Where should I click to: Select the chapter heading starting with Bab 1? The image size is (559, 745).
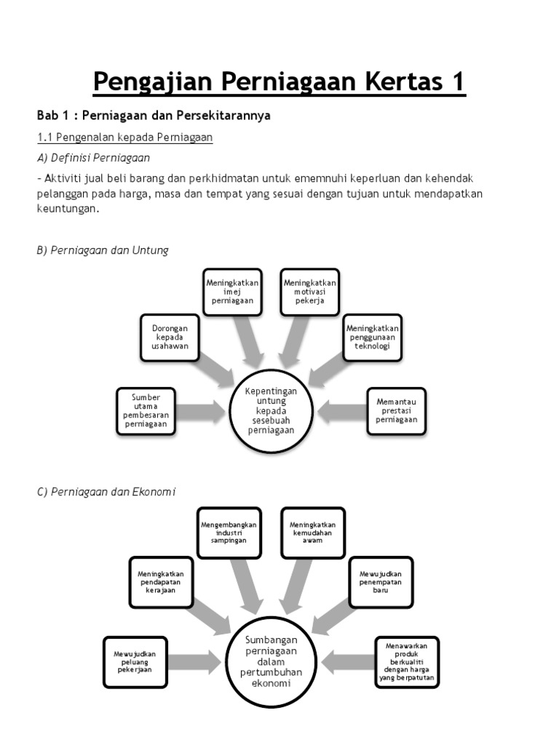[x=154, y=116]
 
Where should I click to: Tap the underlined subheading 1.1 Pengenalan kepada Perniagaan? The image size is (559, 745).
[x=124, y=138]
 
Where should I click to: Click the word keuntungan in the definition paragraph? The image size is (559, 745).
[x=67, y=209]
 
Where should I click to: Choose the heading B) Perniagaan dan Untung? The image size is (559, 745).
[x=103, y=250]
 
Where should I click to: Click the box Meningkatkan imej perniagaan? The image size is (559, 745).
[x=233, y=292]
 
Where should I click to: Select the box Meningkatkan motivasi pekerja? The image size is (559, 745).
[x=310, y=292]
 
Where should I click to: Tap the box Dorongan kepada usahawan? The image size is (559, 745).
[x=170, y=338]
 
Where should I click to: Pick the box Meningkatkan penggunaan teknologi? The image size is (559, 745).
[x=373, y=338]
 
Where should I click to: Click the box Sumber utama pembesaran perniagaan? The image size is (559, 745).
[x=146, y=411]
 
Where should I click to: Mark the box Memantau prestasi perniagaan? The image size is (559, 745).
[x=396, y=411]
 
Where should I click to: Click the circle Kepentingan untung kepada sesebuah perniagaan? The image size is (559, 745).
[x=271, y=410]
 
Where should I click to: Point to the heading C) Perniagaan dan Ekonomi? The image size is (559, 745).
[x=106, y=492]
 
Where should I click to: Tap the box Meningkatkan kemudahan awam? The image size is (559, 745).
[x=313, y=533]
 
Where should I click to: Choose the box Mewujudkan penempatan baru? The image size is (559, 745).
[x=381, y=582]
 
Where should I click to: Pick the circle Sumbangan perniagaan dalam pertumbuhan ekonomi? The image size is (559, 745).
[x=271, y=662]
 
